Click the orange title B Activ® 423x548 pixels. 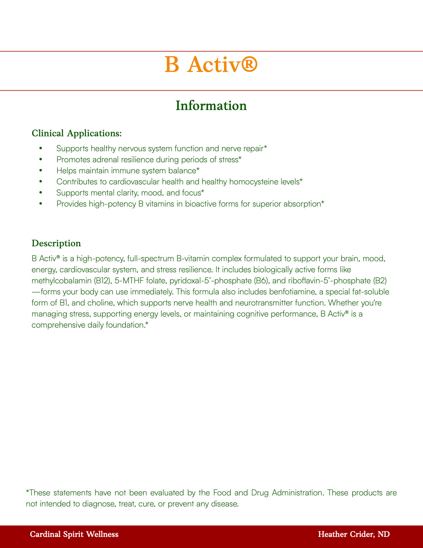point(211,65)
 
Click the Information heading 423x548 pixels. point(211,106)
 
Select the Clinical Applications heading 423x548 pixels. point(76,133)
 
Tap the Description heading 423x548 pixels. point(56,243)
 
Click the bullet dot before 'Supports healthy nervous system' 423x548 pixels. point(40,148)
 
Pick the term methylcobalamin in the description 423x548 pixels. point(61,281)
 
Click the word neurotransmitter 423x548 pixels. point(268,303)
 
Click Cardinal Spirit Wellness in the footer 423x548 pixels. point(74,535)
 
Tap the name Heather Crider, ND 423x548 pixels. point(354,535)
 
